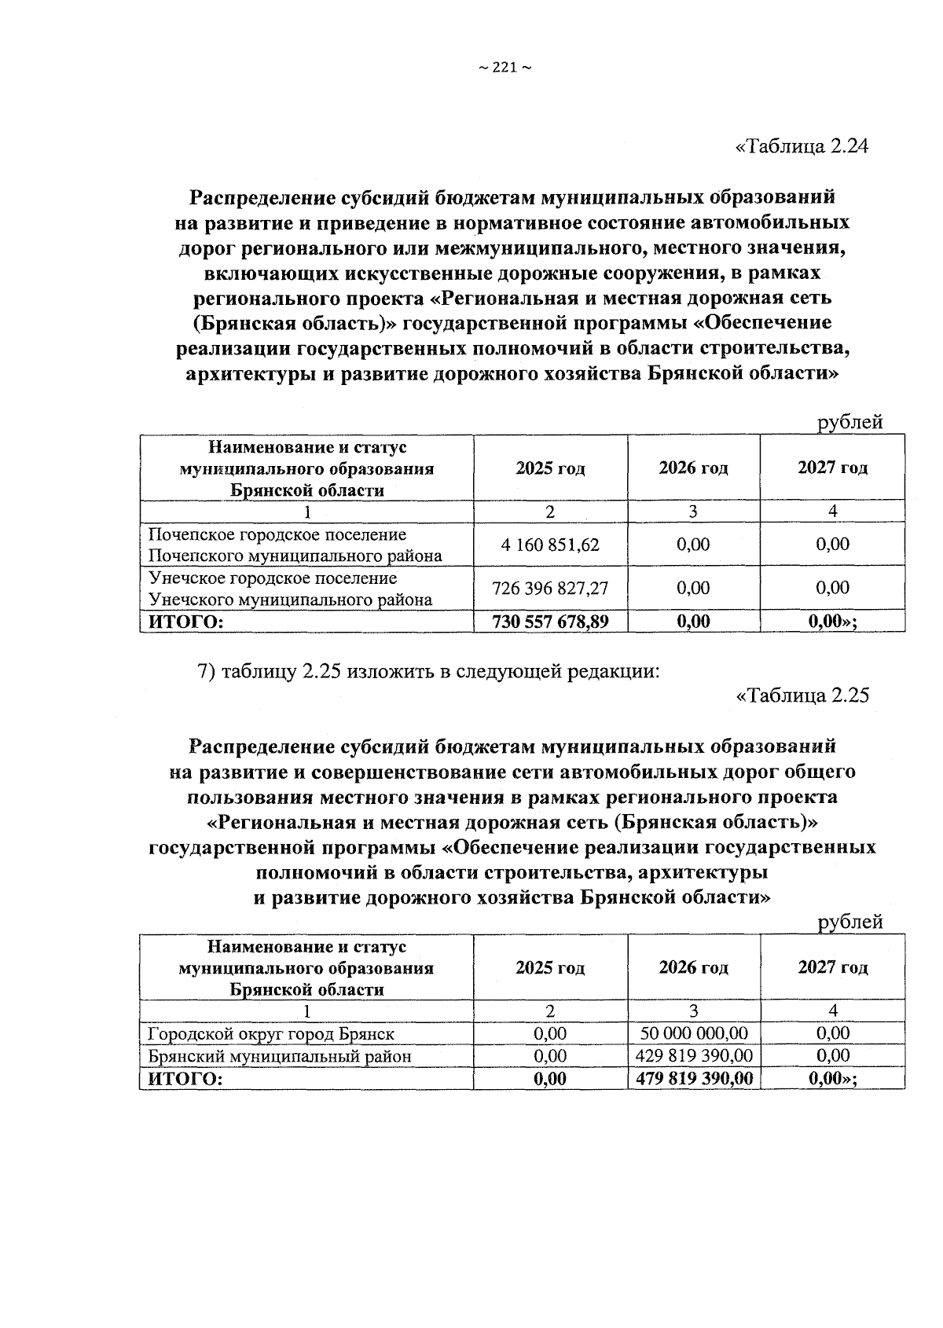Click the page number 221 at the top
click(505, 68)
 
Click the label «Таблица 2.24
click(802, 147)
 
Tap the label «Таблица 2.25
click(802, 695)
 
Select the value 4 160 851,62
click(550, 545)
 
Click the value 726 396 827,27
click(550, 589)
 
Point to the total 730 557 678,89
click(550, 622)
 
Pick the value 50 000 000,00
click(693, 1033)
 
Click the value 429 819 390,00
click(693, 1055)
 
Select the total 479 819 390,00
click(693, 1078)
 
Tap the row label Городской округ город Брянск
click(272, 1033)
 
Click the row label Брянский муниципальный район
click(280, 1056)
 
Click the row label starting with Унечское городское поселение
click(291, 589)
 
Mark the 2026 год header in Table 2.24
click(693, 468)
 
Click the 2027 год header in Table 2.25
click(833, 967)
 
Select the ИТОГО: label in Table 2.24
click(182, 622)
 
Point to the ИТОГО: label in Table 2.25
click(182, 1079)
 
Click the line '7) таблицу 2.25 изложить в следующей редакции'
click(427, 672)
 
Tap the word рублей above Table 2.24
click(850, 422)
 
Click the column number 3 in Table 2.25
click(693, 1011)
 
